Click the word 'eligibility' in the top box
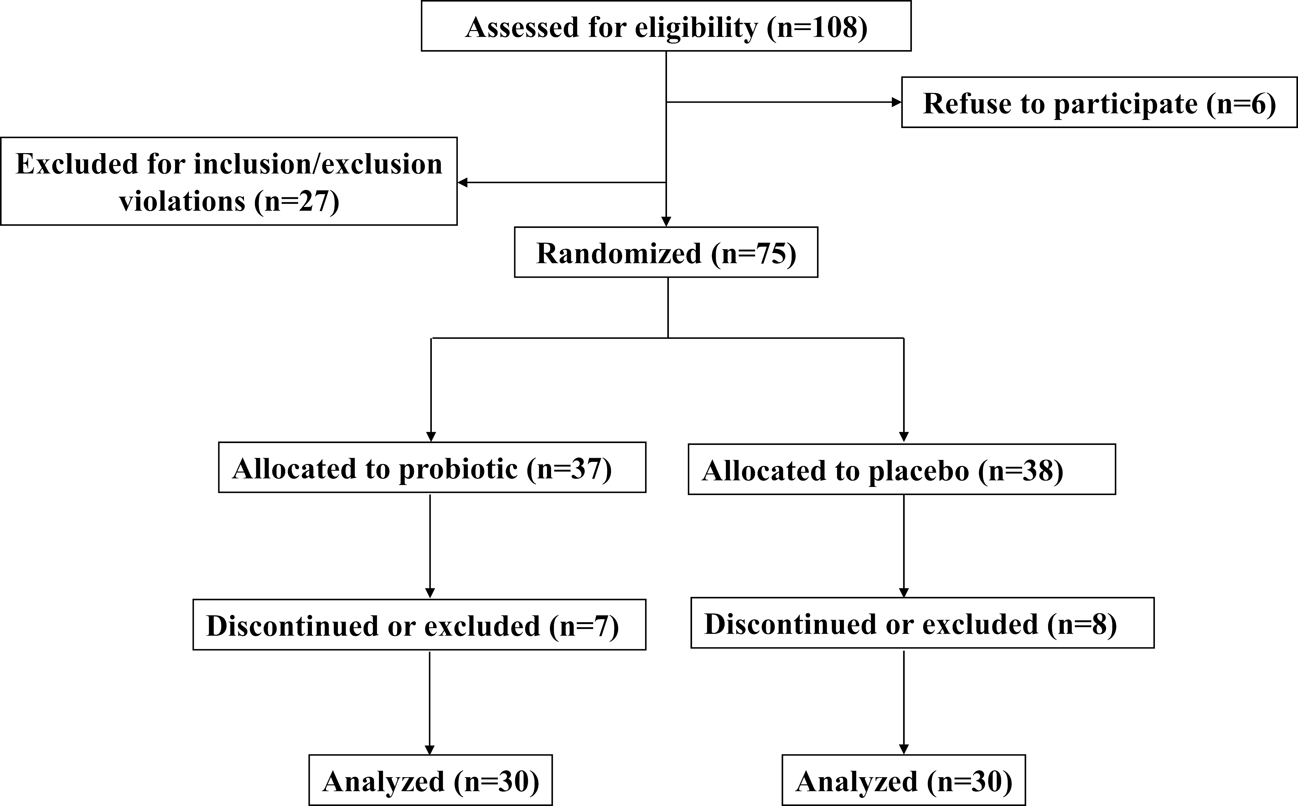696,28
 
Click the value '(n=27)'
296,202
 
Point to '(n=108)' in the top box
817,27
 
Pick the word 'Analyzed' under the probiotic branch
383,782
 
